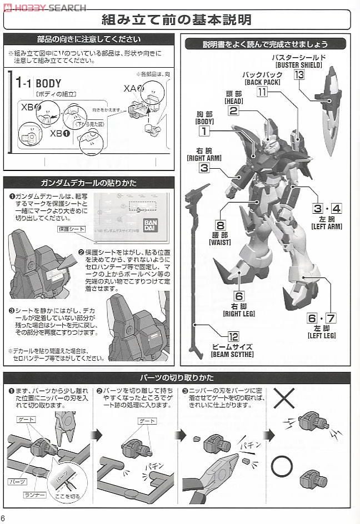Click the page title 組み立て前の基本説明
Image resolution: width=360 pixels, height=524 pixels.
click(x=176, y=20)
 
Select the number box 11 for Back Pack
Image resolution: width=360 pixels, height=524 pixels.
click(x=262, y=92)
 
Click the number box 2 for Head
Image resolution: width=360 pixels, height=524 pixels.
click(x=233, y=110)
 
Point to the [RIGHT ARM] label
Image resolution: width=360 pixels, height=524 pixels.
click(x=204, y=158)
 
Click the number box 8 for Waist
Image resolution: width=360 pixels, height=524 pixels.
click(x=220, y=225)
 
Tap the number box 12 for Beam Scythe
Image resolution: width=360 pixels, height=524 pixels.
click(x=233, y=336)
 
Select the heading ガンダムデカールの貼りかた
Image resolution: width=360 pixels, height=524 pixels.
click(x=88, y=183)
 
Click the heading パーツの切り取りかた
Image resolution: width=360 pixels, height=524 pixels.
click(x=176, y=378)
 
